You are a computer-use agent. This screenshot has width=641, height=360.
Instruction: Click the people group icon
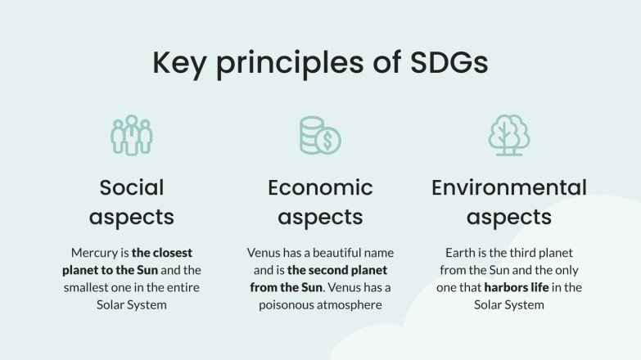click(x=132, y=135)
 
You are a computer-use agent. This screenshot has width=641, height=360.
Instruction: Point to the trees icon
click(x=509, y=135)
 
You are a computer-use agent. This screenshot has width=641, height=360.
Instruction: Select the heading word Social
click(x=132, y=187)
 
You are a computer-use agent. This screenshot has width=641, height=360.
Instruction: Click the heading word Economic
click(x=320, y=187)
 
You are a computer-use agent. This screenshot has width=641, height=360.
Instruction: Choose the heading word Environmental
click(x=509, y=187)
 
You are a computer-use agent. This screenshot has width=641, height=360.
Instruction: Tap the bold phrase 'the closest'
click(x=162, y=252)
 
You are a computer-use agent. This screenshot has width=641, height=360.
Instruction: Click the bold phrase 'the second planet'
click(x=337, y=269)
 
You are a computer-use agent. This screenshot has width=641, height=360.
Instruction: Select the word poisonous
click(x=288, y=304)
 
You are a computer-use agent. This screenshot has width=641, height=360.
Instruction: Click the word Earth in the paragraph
click(x=461, y=252)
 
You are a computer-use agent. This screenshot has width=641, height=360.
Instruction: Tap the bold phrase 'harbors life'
click(x=521, y=287)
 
